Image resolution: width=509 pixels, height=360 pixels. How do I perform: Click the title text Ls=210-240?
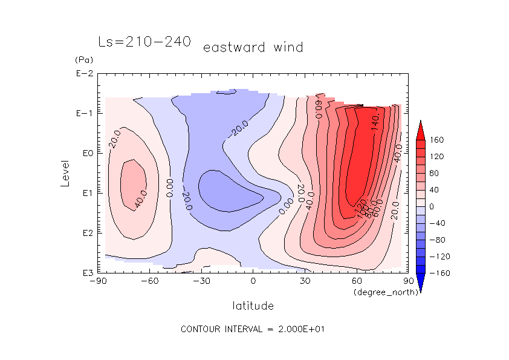click(x=144, y=42)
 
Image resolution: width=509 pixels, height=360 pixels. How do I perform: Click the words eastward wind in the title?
click(x=253, y=47)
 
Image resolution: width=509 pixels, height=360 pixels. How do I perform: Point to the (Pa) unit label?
click(x=82, y=60)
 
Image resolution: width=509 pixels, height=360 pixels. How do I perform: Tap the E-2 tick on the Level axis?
click(x=83, y=74)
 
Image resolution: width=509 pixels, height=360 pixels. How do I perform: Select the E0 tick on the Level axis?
click(x=85, y=154)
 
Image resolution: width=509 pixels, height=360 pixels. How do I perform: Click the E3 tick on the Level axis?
click(x=85, y=273)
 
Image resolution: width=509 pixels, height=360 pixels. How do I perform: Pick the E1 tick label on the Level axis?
click(x=85, y=194)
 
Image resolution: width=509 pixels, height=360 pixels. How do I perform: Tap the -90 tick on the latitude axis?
click(x=97, y=281)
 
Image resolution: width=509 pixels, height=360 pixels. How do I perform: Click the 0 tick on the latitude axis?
click(x=253, y=281)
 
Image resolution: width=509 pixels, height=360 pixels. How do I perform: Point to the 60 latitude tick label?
click(x=356, y=281)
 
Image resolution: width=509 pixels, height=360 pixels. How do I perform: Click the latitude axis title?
click(x=253, y=306)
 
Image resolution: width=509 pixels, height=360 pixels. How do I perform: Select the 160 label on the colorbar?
click(x=436, y=140)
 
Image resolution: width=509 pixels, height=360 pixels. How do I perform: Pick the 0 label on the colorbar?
click(x=431, y=206)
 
